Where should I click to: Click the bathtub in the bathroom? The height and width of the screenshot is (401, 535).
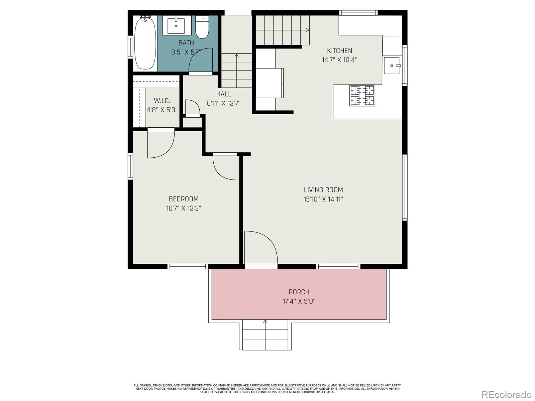tap(145, 43)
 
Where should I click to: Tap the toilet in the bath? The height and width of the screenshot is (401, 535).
tap(202, 27)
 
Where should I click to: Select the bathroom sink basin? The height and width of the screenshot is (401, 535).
tap(176, 25)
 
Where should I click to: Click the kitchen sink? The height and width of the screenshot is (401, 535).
tap(392, 65)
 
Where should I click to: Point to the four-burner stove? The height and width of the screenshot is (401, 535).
tap(362, 95)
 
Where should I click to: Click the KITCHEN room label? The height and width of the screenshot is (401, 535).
tap(339, 51)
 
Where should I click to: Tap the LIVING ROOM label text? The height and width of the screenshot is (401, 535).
tap(323, 190)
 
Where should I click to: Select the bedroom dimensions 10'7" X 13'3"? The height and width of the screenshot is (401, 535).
tap(184, 209)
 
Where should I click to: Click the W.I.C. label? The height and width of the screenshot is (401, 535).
tap(162, 101)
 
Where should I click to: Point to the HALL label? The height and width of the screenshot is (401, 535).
tap(224, 94)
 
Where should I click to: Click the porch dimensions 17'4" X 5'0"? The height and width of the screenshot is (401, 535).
tap(299, 301)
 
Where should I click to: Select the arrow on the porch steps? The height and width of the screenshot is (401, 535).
tap(265, 322)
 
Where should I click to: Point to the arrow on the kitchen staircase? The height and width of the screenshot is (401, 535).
tap(307, 30)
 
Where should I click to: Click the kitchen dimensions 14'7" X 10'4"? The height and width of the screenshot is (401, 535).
tap(339, 60)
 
